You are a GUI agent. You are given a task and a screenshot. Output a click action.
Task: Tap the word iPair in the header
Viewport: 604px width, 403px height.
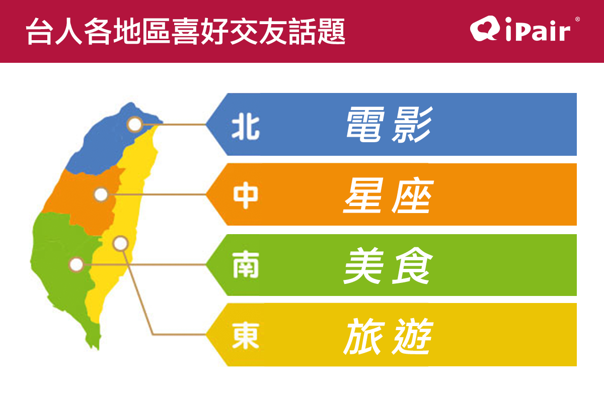[x=538, y=29]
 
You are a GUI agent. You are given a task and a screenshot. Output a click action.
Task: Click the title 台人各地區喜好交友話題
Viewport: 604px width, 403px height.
[x=186, y=31]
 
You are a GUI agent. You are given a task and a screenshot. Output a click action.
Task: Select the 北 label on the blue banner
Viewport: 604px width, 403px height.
[x=246, y=126]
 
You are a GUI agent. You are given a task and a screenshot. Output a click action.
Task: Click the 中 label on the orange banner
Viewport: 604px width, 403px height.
[x=246, y=195]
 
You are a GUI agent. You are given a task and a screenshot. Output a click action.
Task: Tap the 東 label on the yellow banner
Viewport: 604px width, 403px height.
[x=246, y=336]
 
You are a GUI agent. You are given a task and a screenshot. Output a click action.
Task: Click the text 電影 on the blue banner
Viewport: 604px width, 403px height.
[x=390, y=125]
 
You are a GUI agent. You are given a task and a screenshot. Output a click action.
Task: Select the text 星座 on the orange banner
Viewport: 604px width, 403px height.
[x=389, y=195]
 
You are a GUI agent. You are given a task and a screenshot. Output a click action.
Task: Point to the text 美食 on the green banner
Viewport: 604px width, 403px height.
[x=388, y=265]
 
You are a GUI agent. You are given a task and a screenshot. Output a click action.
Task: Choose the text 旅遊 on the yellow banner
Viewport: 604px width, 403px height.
[x=388, y=336]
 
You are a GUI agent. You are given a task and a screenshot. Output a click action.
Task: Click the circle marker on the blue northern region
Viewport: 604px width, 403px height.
[x=134, y=125]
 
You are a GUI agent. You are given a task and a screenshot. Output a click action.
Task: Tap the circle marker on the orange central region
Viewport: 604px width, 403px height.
[x=101, y=194]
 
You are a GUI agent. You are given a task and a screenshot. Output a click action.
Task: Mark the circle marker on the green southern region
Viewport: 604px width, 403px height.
[x=77, y=264]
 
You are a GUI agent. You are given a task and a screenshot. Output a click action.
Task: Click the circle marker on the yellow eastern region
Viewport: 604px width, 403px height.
[x=120, y=243]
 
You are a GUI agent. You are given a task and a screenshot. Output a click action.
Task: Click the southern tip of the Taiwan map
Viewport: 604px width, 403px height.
[x=98, y=350]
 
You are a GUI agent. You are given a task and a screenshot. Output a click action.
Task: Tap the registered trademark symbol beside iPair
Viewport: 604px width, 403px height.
[x=577, y=19]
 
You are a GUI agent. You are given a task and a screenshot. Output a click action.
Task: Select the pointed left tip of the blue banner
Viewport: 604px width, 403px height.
[x=206, y=125]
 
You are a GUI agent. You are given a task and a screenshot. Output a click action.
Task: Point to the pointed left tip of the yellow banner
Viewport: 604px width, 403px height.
[x=206, y=335]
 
